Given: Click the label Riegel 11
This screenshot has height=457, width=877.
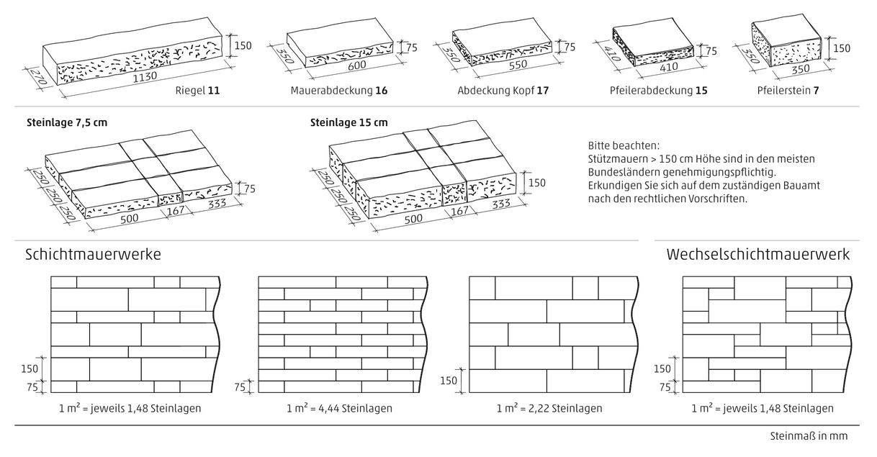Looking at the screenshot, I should click(x=197, y=91).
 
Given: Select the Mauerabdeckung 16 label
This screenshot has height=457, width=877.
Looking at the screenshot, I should click(x=338, y=91).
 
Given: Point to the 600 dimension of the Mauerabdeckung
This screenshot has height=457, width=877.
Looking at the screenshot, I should click(x=361, y=64).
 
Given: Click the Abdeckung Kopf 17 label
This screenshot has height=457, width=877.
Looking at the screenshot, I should click(x=503, y=91).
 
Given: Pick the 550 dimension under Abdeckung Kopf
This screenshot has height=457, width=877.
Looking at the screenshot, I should click(x=518, y=63).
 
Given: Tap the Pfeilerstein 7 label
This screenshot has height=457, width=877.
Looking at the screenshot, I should click(x=788, y=91).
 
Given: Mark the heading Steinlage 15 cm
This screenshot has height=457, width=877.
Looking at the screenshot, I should click(x=348, y=122).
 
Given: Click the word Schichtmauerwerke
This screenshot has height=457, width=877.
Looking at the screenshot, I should click(x=93, y=255).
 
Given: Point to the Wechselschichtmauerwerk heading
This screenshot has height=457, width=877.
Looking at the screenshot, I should click(x=758, y=255).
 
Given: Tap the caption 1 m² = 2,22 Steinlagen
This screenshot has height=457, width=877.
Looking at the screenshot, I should click(x=549, y=408).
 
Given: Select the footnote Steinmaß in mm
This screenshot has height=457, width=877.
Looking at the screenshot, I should click(x=809, y=436).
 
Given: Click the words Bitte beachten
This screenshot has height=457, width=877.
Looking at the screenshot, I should click(x=618, y=145).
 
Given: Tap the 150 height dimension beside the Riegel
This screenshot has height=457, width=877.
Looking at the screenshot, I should click(x=243, y=46).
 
